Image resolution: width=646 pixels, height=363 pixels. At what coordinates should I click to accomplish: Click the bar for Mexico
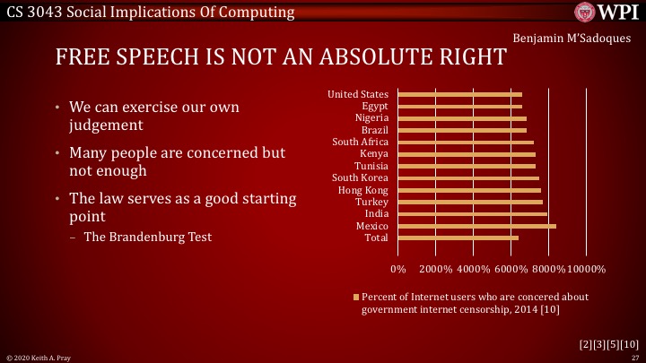476,226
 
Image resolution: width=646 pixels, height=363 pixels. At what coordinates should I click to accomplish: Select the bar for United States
459,94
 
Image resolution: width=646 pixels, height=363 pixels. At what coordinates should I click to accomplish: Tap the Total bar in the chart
458,238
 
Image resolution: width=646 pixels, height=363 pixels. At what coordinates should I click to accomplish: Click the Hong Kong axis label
362,190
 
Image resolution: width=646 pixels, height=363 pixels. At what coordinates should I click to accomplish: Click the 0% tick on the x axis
399,269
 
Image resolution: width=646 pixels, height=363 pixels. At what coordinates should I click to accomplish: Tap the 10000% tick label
587,269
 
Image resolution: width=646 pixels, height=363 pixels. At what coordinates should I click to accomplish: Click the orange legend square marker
356,296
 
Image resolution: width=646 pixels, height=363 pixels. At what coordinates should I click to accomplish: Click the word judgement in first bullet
108,126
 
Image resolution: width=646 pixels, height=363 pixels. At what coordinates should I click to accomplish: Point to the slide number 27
634,357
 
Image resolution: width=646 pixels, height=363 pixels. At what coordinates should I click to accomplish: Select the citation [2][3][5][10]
609,343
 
